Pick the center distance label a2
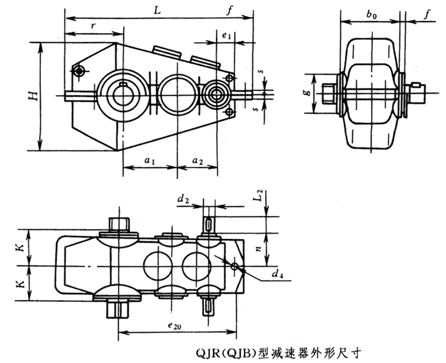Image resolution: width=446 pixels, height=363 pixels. pyautogui.click(x=199, y=162)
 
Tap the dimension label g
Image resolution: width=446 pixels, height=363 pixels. pyautogui.click(x=308, y=92)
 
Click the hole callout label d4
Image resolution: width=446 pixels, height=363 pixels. pyautogui.click(x=275, y=275)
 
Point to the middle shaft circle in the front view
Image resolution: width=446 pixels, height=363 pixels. pyautogui.click(x=173, y=95)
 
